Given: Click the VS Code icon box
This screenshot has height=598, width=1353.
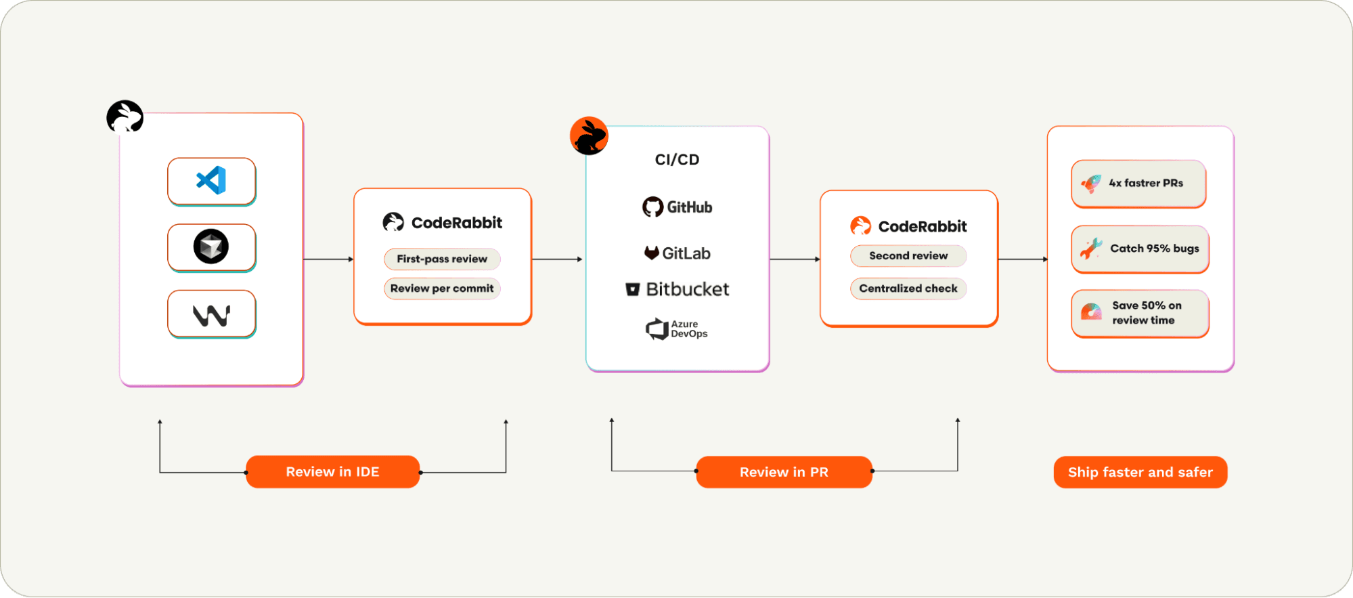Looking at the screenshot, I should [x=211, y=181].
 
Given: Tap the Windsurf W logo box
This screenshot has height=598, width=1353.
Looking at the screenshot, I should [x=211, y=314].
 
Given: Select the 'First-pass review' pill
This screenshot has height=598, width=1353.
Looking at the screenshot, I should [x=442, y=259].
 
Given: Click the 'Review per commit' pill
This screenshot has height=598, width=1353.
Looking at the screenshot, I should [x=442, y=289].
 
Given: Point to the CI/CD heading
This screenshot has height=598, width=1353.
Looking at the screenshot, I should [x=677, y=160].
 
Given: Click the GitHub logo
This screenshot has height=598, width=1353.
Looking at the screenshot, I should [x=677, y=207].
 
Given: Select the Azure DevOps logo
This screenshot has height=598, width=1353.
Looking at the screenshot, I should [x=677, y=329].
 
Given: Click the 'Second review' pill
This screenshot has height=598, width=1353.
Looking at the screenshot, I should [x=908, y=256].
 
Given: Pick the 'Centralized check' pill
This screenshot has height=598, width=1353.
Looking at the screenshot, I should [x=908, y=289].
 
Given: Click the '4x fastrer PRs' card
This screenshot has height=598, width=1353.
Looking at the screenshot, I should [x=1138, y=184].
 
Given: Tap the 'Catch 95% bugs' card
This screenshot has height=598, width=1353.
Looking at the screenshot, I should [x=1140, y=249].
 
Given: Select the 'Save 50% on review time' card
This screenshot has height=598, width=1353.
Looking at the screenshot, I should [x=1140, y=313].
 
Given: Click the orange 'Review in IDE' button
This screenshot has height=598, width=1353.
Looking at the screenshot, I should [x=332, y=472].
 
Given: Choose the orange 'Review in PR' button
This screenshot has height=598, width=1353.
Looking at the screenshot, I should [x=784, y=472].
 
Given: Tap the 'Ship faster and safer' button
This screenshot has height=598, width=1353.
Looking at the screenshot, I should [x=1140, y=472].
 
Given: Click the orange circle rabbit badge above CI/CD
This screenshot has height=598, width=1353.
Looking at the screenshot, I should [x=589, y=135].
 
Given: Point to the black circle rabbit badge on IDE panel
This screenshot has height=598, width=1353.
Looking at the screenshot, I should [x=125, y=117].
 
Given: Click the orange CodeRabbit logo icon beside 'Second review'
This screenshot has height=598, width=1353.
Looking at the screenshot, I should [x=860, y=226].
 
